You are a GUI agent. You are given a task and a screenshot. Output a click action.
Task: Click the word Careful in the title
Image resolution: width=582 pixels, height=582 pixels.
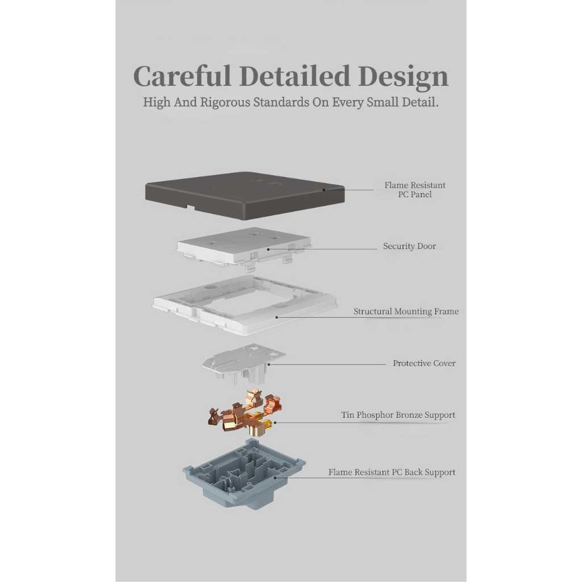182,76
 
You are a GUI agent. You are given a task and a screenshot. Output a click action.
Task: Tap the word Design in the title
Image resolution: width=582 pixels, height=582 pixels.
403,77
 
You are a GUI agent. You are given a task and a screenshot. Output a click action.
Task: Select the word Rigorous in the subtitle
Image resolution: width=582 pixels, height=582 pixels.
225,102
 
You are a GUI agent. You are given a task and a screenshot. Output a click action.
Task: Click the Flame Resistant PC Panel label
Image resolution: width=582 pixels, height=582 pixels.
415,190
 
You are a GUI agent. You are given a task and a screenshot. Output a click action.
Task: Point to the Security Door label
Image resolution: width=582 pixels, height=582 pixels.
409,246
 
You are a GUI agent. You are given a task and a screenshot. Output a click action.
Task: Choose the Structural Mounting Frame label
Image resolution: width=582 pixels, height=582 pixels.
406,311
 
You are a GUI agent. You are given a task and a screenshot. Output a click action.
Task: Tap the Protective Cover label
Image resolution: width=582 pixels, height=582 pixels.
424,363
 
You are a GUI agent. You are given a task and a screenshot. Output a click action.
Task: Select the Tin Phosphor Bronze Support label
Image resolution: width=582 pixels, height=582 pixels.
398,415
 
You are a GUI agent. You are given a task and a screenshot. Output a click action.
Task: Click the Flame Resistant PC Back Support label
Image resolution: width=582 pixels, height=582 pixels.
392,472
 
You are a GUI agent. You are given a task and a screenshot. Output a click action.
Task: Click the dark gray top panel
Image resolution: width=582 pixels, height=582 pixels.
245,196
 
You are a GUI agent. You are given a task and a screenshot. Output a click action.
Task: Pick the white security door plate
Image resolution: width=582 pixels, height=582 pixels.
244,247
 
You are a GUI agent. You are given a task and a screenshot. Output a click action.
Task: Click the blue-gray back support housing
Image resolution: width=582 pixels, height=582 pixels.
244,475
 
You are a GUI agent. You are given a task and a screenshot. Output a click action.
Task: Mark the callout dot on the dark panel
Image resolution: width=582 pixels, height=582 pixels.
323,190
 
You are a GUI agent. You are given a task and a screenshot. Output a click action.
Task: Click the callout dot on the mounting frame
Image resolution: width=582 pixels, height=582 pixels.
277,317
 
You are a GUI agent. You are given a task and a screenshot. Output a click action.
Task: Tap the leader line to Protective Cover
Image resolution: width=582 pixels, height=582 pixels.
327,364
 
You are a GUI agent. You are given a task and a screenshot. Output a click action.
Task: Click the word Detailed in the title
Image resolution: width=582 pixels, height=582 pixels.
295,76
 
